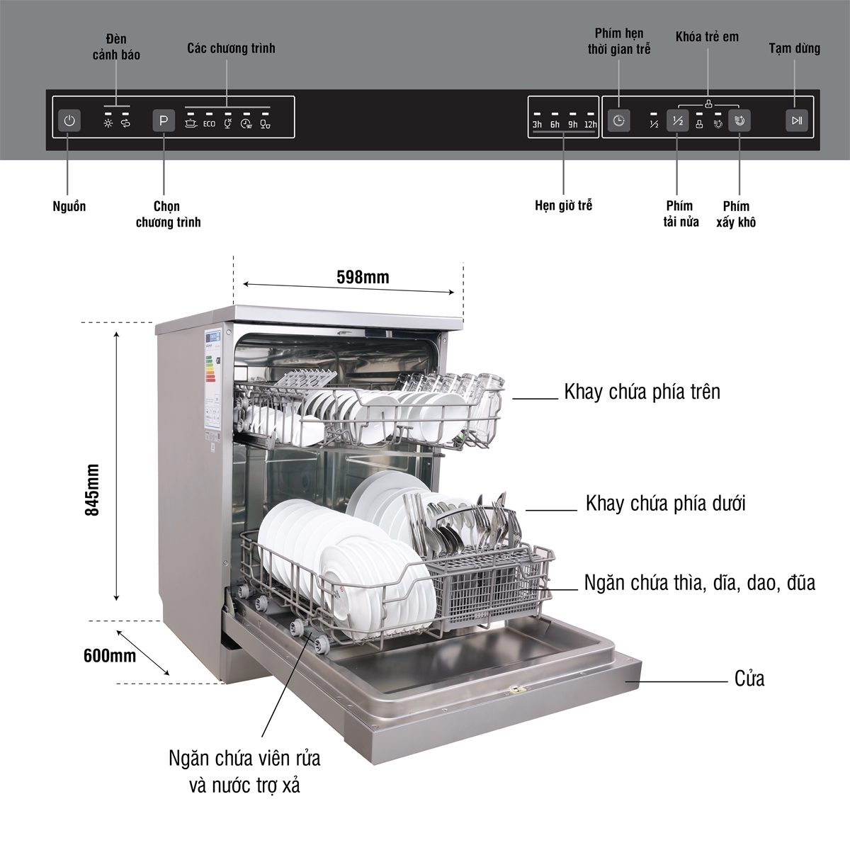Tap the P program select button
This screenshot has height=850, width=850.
pyautogui.click(x=164, y=120)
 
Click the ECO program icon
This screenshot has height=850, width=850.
pyautogui.click(x=209, y=124)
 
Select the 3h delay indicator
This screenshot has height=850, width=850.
pyautogui.click(x=537, y=125)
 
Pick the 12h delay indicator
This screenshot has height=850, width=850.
pyautogui.click(x=590, y=125)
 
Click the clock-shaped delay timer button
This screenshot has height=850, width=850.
pyautogui.click(x=619, y=121)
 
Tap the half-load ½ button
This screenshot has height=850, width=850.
pyautogui.click(x=677, y=121)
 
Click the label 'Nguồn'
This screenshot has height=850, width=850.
pyautogui.click(x=69, y=207)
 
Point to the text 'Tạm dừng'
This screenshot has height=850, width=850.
pyautogui.click(x=794, y=49)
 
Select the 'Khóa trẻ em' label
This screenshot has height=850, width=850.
pyautogui.click(x=706, y=37)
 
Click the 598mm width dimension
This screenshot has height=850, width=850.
pyautogui.click(x=363, y=277)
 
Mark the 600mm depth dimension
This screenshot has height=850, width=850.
pyautogui.click(x=110, y=656)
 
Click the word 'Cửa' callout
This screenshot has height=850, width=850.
pyautogui.click(x=749, y=679)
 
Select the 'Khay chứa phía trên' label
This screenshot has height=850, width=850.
pyautogui.click(x=642, y=392)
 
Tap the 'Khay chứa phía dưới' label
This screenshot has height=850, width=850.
pyautogui.click(x=665, y=504)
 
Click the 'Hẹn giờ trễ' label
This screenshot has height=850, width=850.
pyautogui.click(x=563, y=206)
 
